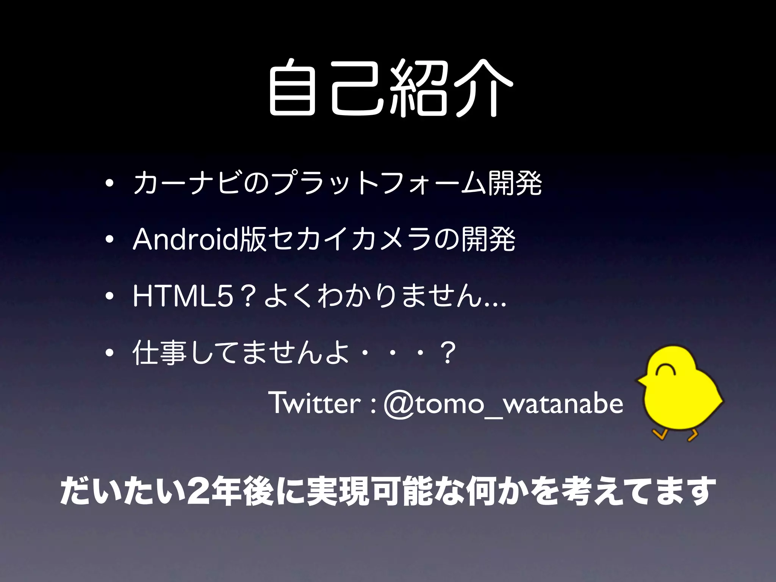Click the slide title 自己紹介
coord(390,88)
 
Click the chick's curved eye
coord(663,369)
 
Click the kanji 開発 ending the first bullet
coord(515,183)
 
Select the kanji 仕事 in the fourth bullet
coord(160,352)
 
